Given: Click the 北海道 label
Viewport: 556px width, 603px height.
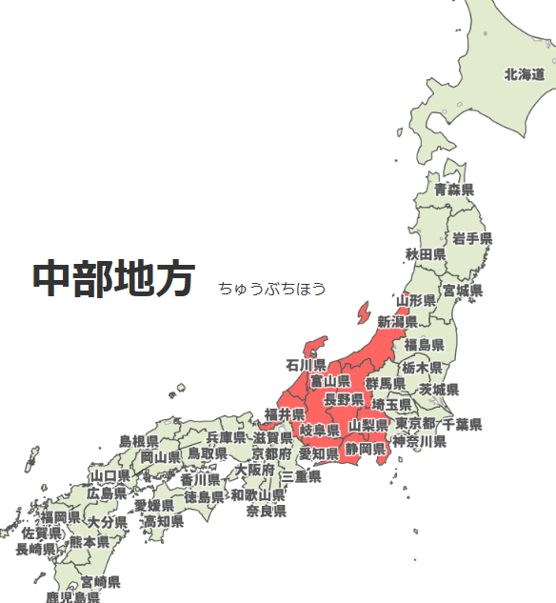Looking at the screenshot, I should pos(525,73).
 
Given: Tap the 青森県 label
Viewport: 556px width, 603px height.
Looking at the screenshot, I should pos(454,191).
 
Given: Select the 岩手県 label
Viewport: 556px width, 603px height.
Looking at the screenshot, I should pos(472,238).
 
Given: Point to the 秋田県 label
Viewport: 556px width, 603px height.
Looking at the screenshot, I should pos(426,254).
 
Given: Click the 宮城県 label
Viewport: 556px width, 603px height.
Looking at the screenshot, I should pos(462,290).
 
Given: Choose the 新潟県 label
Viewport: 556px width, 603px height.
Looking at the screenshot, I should pos(398,322).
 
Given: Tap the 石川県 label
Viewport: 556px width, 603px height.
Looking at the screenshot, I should pos(306,365).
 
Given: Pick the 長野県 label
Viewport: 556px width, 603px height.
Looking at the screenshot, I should pos(344,399).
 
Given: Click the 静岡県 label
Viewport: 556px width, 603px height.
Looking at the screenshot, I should pos(366,449).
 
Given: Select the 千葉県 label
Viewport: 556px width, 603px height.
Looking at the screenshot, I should pos(463,424).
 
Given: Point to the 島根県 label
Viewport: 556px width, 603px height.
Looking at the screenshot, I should pos(139,442).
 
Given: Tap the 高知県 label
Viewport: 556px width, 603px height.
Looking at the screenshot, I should pos(164,522).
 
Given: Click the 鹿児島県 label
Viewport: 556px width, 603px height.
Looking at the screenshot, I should pos(73,597).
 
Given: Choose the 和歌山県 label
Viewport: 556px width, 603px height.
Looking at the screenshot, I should pos(258,495).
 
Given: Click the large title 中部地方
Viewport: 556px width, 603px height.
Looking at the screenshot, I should pos(114,279).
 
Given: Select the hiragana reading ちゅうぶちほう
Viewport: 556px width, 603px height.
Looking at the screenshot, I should pos(271,289).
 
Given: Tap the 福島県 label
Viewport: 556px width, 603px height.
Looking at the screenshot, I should pos(425,345).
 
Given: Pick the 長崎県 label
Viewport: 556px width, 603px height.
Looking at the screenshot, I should pos(35,550).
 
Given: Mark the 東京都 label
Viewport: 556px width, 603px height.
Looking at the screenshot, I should pos(415,424).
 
